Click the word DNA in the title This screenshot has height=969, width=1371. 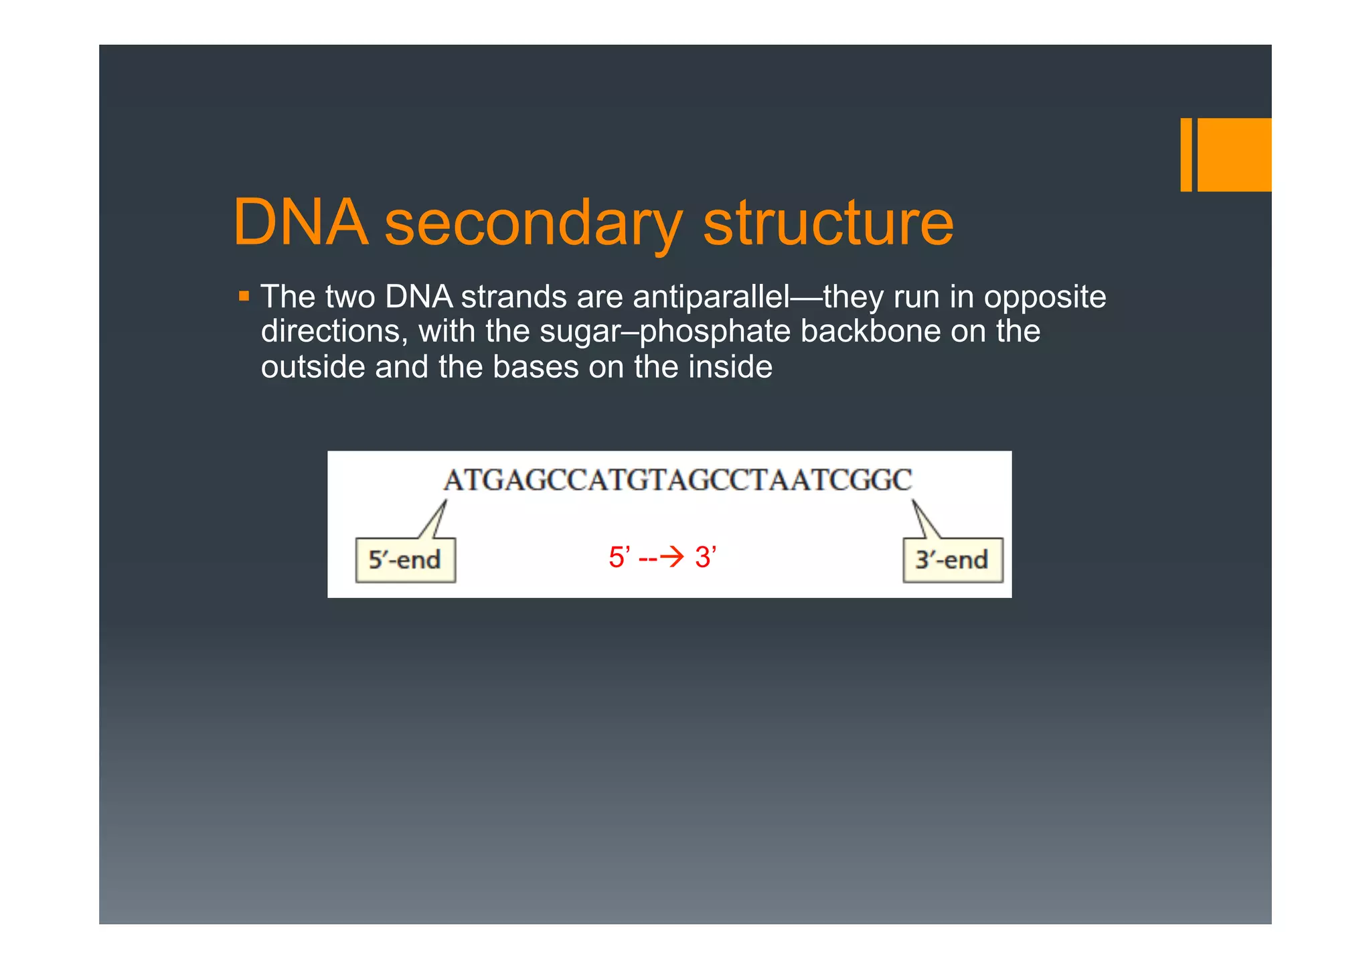click(x=301, y=223)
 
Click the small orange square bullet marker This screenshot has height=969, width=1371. click(x=244, y=295)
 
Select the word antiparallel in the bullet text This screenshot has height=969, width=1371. click(x=711, y=297)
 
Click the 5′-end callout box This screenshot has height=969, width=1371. click(x=405, y=560)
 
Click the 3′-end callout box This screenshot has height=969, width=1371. click(x=952, y=560)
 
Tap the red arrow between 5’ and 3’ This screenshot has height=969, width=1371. click(x=671, y=557)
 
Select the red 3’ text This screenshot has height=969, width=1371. click(x=705, y=557)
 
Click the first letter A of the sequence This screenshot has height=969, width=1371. click(x=453, y=480)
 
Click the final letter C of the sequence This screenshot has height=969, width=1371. click(x=902, y=480)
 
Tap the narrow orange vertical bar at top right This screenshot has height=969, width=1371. click(x=1186, y=155)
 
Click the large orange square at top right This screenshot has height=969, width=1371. click(x=1234, y=155)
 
